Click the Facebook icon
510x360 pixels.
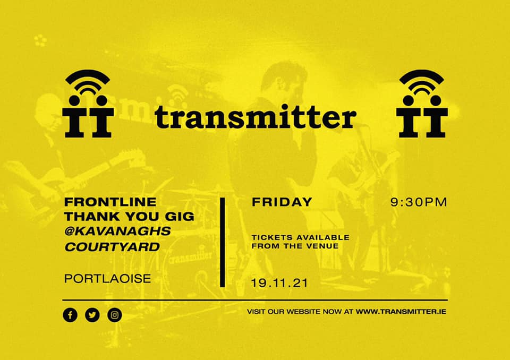coord(70,315)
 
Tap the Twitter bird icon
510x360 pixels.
coord(92,315)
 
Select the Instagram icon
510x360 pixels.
coord(115,315)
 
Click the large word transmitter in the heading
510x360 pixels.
coord(256,116)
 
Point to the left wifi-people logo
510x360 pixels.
coord(88,104)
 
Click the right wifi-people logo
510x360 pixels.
coord(422,104)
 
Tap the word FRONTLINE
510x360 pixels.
coord(110,202)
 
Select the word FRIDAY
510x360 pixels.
coord(282,202)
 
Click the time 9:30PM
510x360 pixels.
coord(419,202)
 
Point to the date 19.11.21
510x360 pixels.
coord(279,283)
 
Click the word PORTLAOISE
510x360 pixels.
coord(108,279)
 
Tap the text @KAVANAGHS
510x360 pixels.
coord(118,231)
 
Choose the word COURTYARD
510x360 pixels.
coord(112,247)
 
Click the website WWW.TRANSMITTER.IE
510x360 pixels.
coord(401,312)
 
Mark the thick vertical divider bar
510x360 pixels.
coord(223,242)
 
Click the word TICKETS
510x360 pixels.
coord(272,237)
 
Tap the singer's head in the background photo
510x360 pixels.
coord(284,81)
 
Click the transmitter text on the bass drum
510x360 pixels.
coord(191,257)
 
